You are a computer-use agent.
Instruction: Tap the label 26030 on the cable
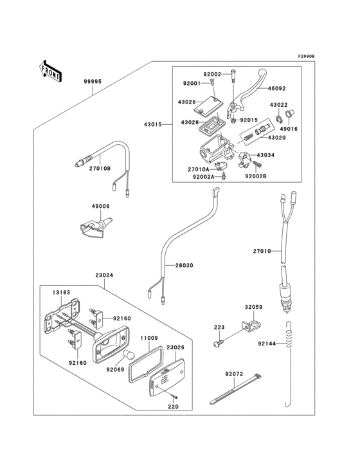[x=184, y=265]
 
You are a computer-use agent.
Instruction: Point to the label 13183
[x=61, y=292]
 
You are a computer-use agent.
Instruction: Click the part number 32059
[x=253, y=308]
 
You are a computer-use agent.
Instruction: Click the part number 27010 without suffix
[x=263, y=251]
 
